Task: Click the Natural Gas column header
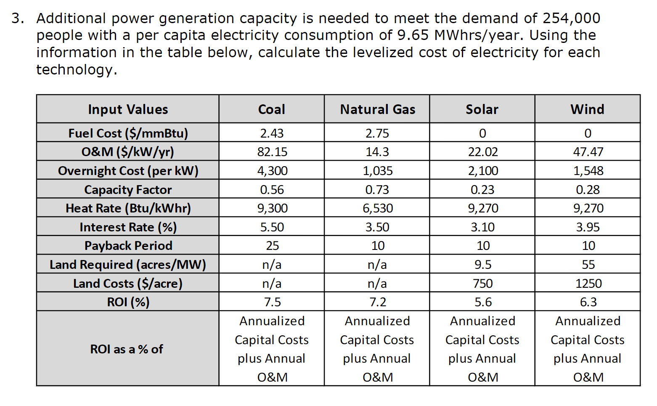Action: (x=377, y=109)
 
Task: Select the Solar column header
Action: (x=482, y=109)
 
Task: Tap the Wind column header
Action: (x=587, y=109)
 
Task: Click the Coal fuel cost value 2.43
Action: (x=272, y=133)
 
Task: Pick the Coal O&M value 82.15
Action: (x=272, y=152)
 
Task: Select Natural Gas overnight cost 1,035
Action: (x=377, y=171)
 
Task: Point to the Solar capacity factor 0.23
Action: (x=482, y=190)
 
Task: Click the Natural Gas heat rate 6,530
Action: (x=377, y=208)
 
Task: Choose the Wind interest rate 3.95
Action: (x=588, y=227)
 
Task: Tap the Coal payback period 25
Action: (x=272, y=246)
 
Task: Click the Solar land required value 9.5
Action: (x=483, y=265)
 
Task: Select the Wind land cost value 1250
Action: (x=588, y=284)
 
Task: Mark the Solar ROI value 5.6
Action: (x=483, y=302)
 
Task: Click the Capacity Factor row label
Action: (x=128, y=190)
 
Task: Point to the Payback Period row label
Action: (x=128, y=246)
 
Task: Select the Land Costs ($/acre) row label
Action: (x=128, y=284)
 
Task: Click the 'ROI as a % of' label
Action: (x=127, y=349)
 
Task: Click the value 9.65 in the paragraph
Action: (x=413, y=35)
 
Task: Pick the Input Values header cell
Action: (x=128, y=109)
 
